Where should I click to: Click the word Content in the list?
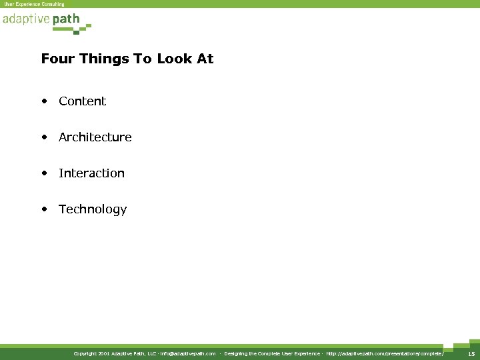point(82,101)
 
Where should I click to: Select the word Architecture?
point(95,137)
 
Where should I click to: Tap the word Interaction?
point(91,173)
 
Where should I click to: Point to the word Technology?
point(92,209)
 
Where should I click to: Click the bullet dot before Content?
point(44,102)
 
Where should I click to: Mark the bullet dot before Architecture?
point(44,138)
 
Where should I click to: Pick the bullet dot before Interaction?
point(44,174)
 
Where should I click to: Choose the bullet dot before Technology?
point(44,210)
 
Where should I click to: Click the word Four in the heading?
point(56,59)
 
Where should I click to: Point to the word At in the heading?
point(205,59)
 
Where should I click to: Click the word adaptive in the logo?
point(26,19)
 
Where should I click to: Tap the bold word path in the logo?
point(66,19)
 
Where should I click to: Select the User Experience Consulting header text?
point(35,4)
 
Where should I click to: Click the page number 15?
point(471,353)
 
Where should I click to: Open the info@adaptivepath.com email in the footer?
point(188,353)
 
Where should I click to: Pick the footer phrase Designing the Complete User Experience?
point(272,353)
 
